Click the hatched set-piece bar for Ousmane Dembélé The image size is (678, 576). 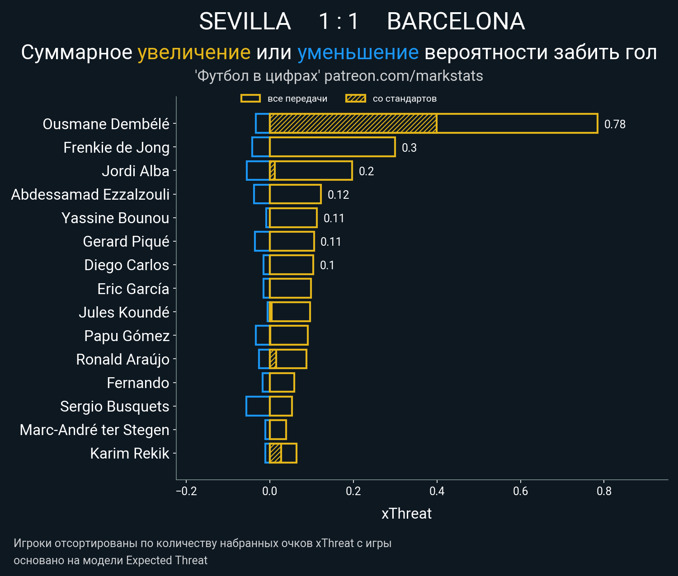353,123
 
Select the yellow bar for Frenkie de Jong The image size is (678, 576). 332,147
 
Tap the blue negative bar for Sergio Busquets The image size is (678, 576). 258,406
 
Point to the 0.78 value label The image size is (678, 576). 615,124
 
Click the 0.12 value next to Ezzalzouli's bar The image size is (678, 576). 338,195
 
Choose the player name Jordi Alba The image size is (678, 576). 135,171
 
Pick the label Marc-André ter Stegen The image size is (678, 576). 94,430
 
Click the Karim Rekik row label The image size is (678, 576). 129,453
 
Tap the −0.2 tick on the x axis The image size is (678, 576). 186,491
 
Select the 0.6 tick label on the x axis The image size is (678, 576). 520,491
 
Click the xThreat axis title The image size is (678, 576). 406,514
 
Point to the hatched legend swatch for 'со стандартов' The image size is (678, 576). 355,98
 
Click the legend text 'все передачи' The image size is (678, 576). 297,98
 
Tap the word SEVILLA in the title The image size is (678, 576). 245,21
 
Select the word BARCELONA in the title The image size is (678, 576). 456,21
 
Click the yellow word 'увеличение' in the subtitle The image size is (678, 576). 194,52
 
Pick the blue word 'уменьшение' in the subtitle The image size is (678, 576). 358,52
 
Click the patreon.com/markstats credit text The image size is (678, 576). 404,76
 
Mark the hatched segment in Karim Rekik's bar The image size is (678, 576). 275,453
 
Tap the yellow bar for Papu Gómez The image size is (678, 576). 289,335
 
